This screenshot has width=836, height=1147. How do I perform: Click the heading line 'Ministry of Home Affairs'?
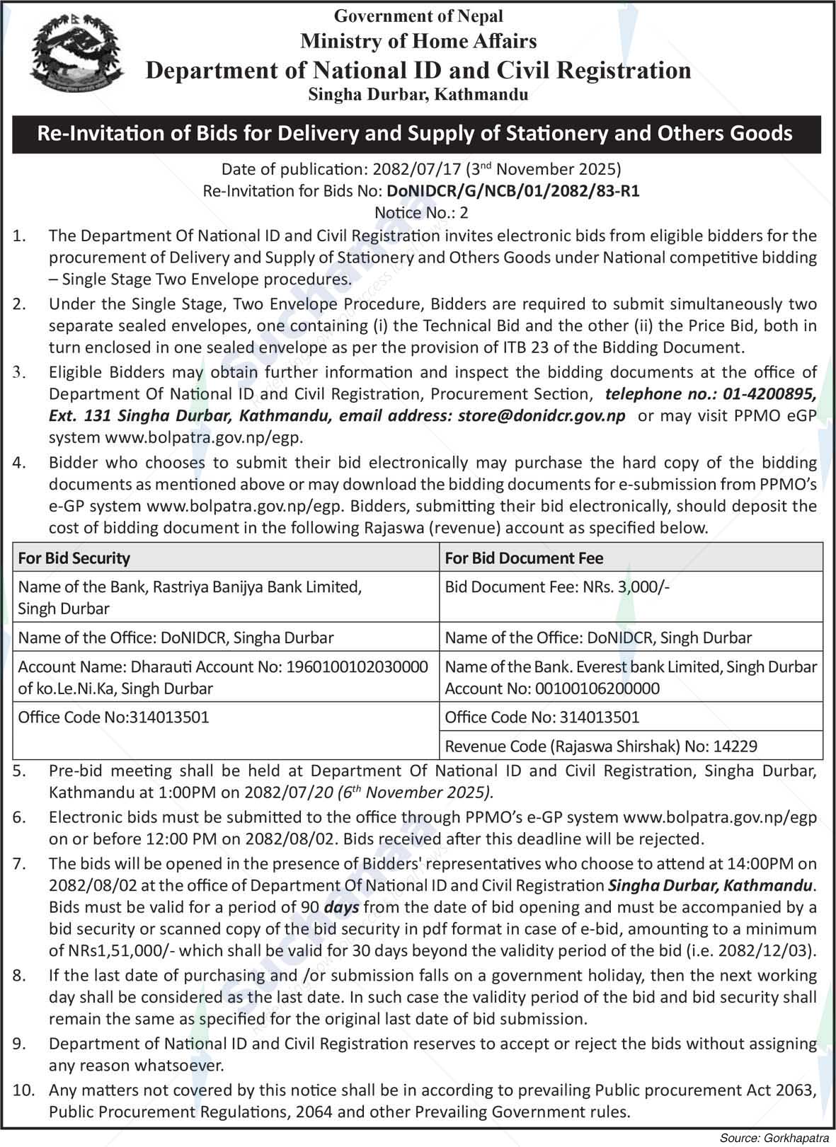point(418,41)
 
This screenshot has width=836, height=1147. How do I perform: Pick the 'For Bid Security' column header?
point(74,558)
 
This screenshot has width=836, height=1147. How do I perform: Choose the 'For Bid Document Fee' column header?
point(523,558)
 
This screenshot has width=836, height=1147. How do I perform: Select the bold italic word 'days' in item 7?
point(341,906)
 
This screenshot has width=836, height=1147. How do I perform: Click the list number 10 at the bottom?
point(23,1090)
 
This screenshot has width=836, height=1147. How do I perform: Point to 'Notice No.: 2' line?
point(420,212)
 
